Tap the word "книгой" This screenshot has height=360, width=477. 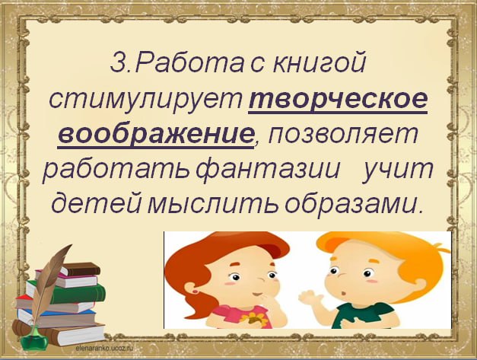pos(319,62)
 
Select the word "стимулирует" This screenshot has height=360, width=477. pos(146,99)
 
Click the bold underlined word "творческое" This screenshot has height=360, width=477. pos(339,98)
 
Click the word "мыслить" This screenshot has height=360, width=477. pos(213,203)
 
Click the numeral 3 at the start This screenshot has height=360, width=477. pos(116,63)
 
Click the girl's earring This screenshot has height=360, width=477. pos(195,292)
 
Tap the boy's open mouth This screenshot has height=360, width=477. pos(344,294)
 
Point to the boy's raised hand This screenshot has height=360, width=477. pos(313,300)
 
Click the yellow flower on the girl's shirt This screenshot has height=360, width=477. pos(252,319)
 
